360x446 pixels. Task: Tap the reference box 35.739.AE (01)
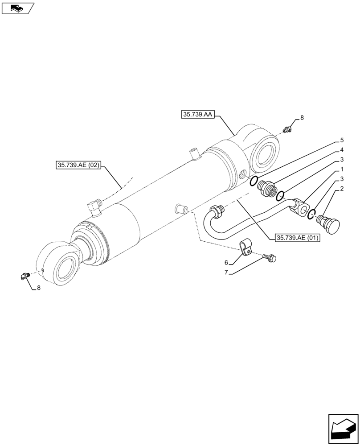[x=297, y=238]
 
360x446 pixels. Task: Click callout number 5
[x=341, y=140]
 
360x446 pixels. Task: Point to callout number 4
[x=341, y=149]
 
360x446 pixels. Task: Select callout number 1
[x=341, y=169]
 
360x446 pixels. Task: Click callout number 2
[x=341, y=189]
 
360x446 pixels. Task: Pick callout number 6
[x=226, y=263]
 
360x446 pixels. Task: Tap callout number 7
[x=226, y=272]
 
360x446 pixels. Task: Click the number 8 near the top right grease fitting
[x=302, y=118]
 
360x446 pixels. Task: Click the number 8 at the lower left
[x=38, y=288]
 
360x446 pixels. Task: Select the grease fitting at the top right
[x=287, y=130]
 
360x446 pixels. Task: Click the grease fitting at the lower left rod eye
[x=24, y=277]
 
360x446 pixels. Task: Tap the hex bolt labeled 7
[x=270, y=258]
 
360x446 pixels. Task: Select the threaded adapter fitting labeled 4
[x=267, y=188]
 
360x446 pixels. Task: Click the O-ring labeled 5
[x=254, y=181]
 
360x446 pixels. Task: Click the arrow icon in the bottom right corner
[x=343, y=429]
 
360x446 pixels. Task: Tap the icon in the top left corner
[x=17, y=8]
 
